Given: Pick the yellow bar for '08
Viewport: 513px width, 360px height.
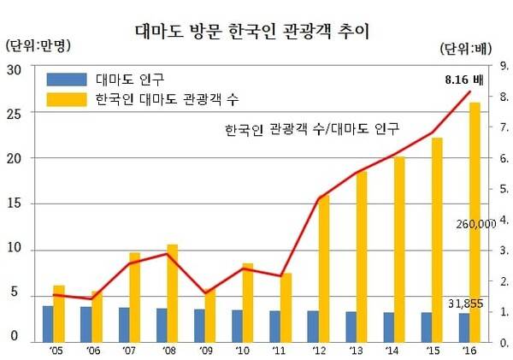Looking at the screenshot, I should tap(172, 291).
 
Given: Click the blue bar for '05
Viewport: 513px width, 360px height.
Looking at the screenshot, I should tap(48, 322).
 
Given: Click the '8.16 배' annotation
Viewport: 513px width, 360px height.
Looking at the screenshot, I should tap(463, 79).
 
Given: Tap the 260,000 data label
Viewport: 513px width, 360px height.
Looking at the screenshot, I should tap(476, 223).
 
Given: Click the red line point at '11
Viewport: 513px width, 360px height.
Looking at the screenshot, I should tap(280, 275).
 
